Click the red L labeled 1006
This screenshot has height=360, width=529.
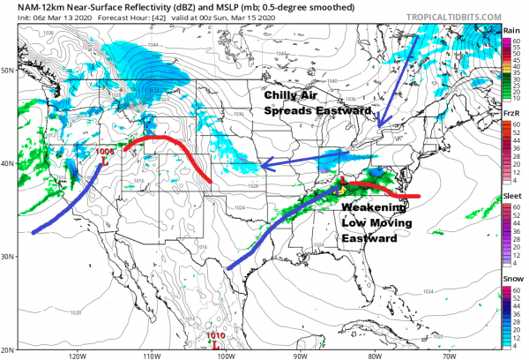(x=104, y=161)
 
